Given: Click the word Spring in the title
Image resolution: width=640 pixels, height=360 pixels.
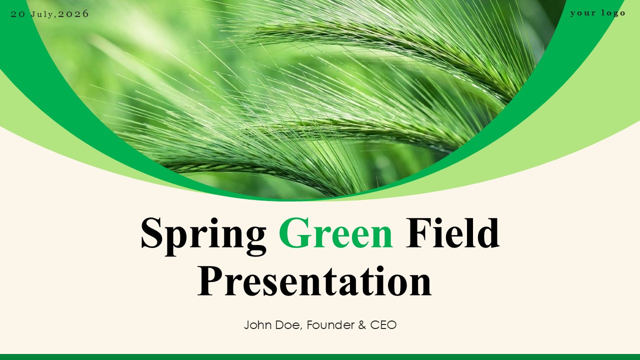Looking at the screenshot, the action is click(203, 236).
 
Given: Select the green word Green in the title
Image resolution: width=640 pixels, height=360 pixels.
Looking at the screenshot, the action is click(335, 233).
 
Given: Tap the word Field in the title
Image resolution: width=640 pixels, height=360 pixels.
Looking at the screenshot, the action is click(452, 232).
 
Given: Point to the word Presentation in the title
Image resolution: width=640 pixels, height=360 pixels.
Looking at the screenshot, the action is click(314, 281).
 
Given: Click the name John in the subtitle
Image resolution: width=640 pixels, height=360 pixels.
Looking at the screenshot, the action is click(257, 325).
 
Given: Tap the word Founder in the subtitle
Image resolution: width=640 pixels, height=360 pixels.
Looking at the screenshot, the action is click(330, 325).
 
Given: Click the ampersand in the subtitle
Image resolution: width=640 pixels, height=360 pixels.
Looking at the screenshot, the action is click(362, 325).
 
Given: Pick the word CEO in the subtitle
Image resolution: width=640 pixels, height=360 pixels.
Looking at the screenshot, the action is click(383, 325).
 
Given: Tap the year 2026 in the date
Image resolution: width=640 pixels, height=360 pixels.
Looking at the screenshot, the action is click(73, 14).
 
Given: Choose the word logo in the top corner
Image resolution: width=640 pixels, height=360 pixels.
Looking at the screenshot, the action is click(613, 13).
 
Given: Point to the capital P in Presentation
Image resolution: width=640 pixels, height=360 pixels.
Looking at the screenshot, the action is click(210, 281).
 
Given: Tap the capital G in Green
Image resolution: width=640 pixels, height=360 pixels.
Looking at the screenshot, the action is click(294, 233).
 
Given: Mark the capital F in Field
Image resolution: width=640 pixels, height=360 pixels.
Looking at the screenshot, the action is click(418, 232).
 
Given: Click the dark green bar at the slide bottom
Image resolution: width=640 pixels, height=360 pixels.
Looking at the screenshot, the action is click(320, 357).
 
